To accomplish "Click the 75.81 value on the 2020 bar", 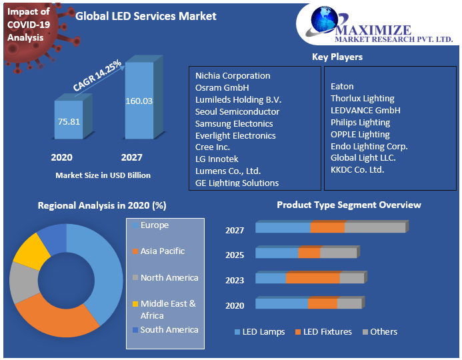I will [69, 121].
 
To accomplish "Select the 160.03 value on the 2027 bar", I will [139, 101].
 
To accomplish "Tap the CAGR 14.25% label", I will [97, 75].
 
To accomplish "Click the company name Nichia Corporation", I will [233, 76].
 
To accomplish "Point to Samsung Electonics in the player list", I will [234, 123].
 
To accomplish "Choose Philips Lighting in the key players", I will [360, 122].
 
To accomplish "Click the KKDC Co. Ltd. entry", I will [357, 170].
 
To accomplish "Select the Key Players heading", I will [337, 57].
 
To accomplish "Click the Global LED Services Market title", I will [146, 16].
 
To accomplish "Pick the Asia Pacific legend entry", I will [162, 251].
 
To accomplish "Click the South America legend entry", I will [169, 329].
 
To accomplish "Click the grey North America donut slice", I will [23, 283].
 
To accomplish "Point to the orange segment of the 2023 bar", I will [313, 278].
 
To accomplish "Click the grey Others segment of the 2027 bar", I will [375, 227].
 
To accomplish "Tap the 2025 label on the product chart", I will [235, 255].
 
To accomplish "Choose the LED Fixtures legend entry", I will [327, 331].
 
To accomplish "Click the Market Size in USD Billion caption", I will [103, 175].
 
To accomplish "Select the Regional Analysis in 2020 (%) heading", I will [102, 205].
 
